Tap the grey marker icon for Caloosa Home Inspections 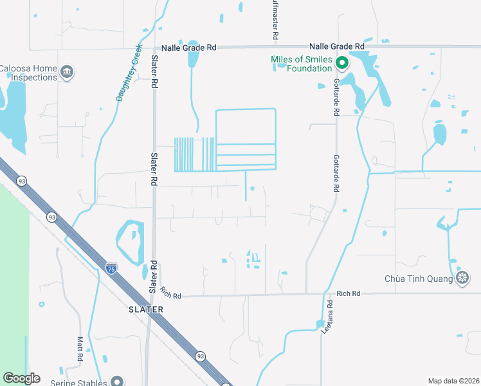(x=67, y=71)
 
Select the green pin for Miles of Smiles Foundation (x=342, y=63)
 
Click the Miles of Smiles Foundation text (x=302, y=63)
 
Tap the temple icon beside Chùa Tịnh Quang (x=462, y=277)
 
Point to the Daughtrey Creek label (x=129, y=73)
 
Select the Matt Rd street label (x=80, y=348)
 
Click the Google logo (x=21, y=378)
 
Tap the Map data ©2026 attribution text (x=453, y=381)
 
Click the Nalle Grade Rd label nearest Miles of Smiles (x=336, y=46)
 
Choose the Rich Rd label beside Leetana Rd (x=347, y=293)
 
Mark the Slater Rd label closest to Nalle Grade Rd (x=154, y=72)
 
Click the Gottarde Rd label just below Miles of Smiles (x=336, y=98)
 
